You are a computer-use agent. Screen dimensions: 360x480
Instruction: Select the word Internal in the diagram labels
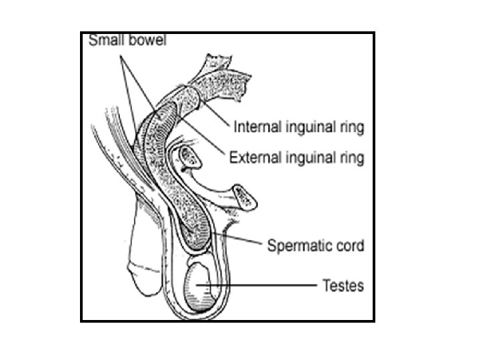(x=257, y=127)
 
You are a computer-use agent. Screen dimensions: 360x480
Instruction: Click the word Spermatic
(x=296, y=246)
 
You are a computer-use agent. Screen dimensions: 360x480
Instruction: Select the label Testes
(x=343, y=286)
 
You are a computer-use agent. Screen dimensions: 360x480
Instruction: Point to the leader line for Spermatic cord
(x=247, y=241)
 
